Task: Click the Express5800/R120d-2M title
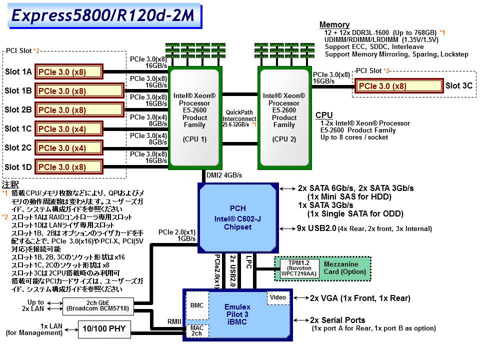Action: tap(102, 15)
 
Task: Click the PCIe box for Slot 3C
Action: tap(399, 86)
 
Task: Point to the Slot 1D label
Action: tap(18, 167)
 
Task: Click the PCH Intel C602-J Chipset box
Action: tap(237, 218)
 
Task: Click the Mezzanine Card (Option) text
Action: tap(341, 268)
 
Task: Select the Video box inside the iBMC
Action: tap(278, 298)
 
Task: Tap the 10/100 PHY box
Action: tap(104, 328)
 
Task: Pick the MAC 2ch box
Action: tap(197, 330)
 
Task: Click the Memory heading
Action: tap(334, 25)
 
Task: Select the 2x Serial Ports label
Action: tap(337, 320)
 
